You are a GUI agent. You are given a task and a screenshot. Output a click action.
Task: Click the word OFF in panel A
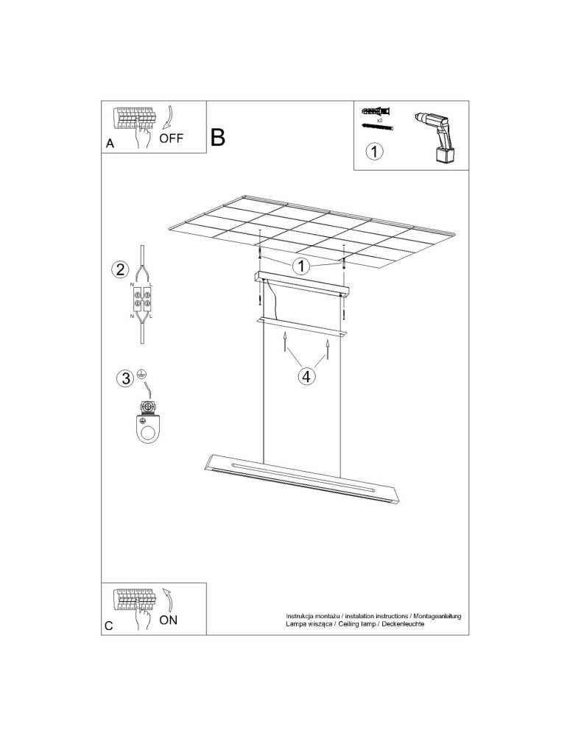click(x=172, y=138)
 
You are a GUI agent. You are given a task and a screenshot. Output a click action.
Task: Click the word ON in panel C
click(x=169, y=620)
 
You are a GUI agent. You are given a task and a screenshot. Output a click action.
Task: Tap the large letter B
click(x=218, y=137)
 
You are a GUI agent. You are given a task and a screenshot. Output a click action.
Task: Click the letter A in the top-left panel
click(x=110, y=144)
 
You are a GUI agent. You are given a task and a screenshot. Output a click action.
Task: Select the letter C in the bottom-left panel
click(x=109, y=626)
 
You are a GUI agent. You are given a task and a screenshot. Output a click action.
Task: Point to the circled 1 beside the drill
click(x=375, y=152)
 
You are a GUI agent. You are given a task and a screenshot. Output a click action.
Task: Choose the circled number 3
click(x=126, y=378)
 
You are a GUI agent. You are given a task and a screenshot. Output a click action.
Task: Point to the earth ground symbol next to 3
click(x=141, y=373)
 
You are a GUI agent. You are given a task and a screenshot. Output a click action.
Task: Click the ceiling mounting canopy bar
click(x=300, y=282)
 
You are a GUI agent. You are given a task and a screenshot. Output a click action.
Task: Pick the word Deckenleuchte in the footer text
click(x=404, y=623)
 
